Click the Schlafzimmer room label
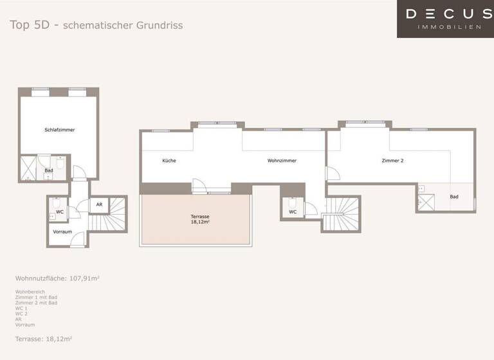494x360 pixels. [x=60, y=130]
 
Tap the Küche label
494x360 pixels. [x=169, y=161]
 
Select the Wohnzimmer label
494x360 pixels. [x=282, y=161]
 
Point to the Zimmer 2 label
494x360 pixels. [x=392, y=161]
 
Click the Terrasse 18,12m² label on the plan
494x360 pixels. [x=199, y=219]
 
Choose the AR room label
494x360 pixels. [x=99, y=205]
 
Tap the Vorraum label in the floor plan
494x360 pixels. [x=62, y=231]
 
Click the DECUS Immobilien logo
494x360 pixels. [x=445, y=19]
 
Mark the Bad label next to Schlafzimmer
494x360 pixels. [x=49, y=171]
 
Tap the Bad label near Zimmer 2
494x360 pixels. [x=454, y=197]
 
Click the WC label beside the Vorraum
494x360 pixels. [x=60, y=212]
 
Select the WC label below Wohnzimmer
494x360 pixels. [x=293, y=212]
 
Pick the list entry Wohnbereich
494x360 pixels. [x=30, y=291]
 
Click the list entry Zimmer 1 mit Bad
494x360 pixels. [x=36, y=297]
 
